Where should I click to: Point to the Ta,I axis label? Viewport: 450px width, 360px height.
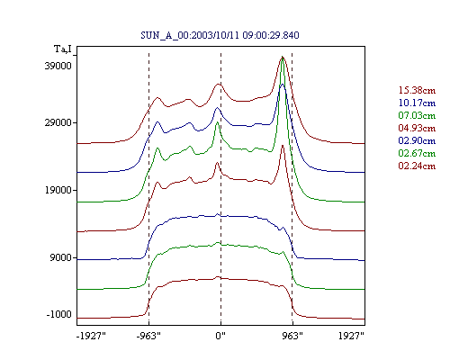pyautogui.click(x=63, y=49)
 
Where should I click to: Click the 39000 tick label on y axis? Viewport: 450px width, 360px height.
pyautogui.click(x=58, y=66)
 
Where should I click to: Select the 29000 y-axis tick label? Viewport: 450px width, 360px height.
pyautogui.click(x=58, y=122)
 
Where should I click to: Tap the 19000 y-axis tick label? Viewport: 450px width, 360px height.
pyautogui.click(x=58, y=190)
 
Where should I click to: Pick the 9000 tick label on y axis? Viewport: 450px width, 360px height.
pyautogui.click(x=61, y=257)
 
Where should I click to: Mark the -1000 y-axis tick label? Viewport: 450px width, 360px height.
pyautogui.click(x=59, y=314)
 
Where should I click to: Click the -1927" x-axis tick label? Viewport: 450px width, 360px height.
pyautogui.click(x=92, y=336)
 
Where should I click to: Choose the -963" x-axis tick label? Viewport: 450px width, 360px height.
pyautogui.click(x=148, y=336)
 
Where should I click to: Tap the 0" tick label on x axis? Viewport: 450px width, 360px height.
pyautogui.click(x=220, y=336)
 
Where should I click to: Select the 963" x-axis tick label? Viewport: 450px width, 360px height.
pyautogui.click(x=292, y=336)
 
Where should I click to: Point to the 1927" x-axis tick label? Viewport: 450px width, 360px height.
pyautogui.click(x=351, y=336)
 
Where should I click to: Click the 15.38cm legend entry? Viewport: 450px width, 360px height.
pyautogui.click(x=417, y=90)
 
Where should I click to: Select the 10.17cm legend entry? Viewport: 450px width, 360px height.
pyautogui.click(x=417, y=103)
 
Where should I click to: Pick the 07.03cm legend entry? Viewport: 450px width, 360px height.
pyautogui.click(x=417, y=115)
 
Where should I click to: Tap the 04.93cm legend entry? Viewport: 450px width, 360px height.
pyautogui.click(x=417, y=128)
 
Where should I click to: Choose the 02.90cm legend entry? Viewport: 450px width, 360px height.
pyautogui.click(x=417, y=140)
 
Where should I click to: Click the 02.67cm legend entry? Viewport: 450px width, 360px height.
pyautogui.click(x=417, y=153)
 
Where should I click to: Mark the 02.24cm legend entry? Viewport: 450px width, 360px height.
pyautogui.click(x=417, y=166)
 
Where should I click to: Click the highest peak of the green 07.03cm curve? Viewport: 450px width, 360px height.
pyautogui.click(x=283, y=58)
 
